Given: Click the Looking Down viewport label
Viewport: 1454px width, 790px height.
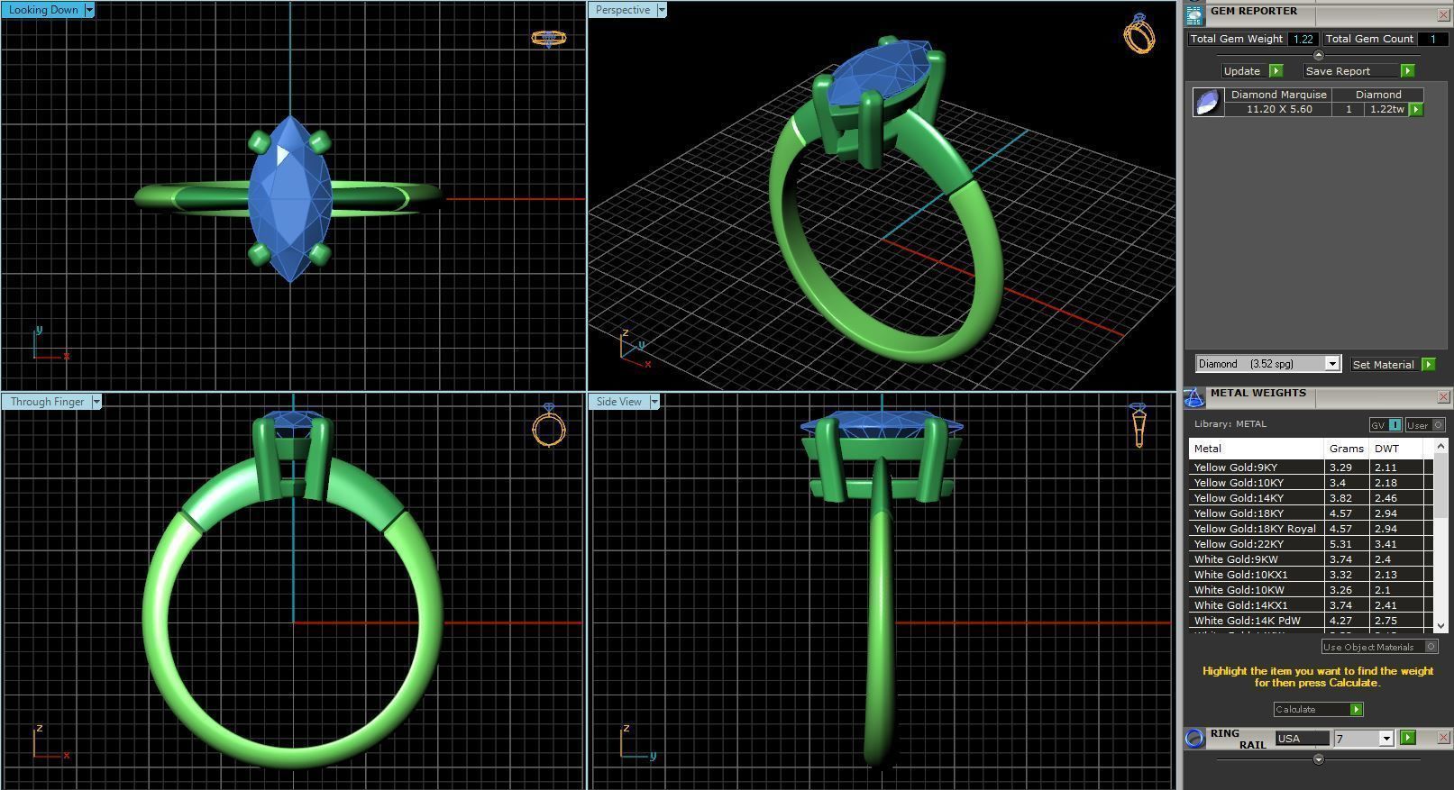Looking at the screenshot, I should click(x=42, y=10).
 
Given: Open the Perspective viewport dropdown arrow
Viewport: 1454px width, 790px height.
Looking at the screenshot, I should click(x=662, y=10).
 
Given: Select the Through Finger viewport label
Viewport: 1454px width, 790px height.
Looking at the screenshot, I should click(x=47, y=402).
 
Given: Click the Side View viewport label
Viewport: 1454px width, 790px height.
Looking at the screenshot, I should click(x=618, y=402).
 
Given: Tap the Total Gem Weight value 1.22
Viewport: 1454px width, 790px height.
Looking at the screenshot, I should click(x=1302, y=40).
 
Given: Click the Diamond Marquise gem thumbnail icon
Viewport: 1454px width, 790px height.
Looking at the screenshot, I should click(x=1208, y=102).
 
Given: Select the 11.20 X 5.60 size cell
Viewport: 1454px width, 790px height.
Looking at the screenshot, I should click(x=1278, y=109).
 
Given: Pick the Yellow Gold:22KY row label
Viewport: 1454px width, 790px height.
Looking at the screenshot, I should click(x=1238, y=544).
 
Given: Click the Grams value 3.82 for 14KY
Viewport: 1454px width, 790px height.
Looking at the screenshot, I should click(x=1340, y=498).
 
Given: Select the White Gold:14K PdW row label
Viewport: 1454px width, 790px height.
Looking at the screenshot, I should click(x=1247, y=621).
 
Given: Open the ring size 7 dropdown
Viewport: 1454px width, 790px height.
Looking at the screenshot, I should click(x=1386, y=739).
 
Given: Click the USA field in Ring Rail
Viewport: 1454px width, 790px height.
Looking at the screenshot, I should click(x=1302, y=739).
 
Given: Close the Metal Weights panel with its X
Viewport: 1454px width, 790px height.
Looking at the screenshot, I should click(x=1443, y=396).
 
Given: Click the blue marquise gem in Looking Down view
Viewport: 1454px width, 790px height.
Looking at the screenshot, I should click(x=289, y=198).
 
